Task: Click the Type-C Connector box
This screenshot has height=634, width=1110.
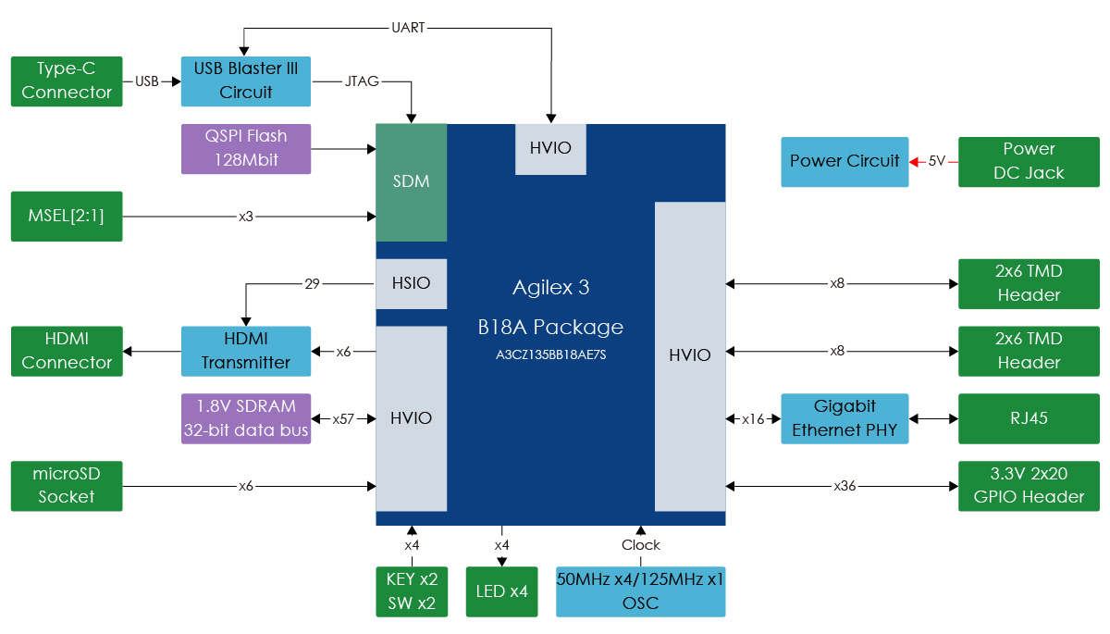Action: coord(67,81)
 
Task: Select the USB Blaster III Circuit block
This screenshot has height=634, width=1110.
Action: coord(246,81)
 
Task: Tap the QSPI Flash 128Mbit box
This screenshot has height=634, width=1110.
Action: coord(246,148)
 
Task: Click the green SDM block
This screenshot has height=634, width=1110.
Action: coord(412,181)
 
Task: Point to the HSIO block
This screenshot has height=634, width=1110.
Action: coord(412,283)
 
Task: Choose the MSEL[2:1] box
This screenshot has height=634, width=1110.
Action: coord(67,216)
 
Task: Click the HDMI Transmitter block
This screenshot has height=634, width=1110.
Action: coord(246,351)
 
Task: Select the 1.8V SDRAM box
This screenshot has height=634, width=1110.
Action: coord(246,418)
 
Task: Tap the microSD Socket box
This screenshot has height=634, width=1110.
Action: coord(67,485)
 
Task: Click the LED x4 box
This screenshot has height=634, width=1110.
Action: coord(501,591)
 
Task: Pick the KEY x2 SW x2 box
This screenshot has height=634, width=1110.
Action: coord(412,591)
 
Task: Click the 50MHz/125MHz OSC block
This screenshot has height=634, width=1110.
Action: coord(640,591)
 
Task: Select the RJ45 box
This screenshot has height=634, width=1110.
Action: coord(1030,418)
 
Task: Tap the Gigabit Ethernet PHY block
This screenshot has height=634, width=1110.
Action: coord(845,418)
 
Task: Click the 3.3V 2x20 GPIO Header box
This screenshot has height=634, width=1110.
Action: coord(1030,485)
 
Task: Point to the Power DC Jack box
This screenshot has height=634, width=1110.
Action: coord(1030,161)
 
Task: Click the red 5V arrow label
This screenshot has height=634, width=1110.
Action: coord(936,161)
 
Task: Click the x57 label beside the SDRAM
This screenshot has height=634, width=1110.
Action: coord(344,418)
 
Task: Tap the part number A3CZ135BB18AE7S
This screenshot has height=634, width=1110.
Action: coord(550,354)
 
